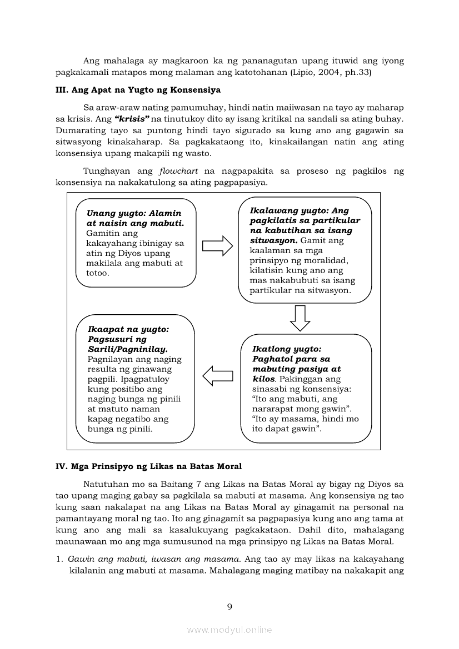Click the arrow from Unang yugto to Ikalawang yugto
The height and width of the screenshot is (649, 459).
pyautogui.click(x=217, y=245)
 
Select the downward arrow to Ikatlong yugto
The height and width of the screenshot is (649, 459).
pyautogui.click(x=300, y=318)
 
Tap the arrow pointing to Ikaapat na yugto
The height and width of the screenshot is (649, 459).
pyautogui.click(x=217, y=376)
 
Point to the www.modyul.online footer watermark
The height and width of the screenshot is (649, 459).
pyautogui.click(x=229, y=630)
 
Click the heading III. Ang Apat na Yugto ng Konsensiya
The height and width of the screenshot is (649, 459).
pyautogui.click(x=138, y=89)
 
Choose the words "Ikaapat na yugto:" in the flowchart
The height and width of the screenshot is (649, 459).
pyautogui.click(x=128, y=329)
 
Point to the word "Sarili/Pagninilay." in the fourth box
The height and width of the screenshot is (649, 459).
pyautogui.click(x=127, y=349)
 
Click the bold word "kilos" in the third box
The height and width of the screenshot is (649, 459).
pyautogui.click(x=263, y=379)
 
